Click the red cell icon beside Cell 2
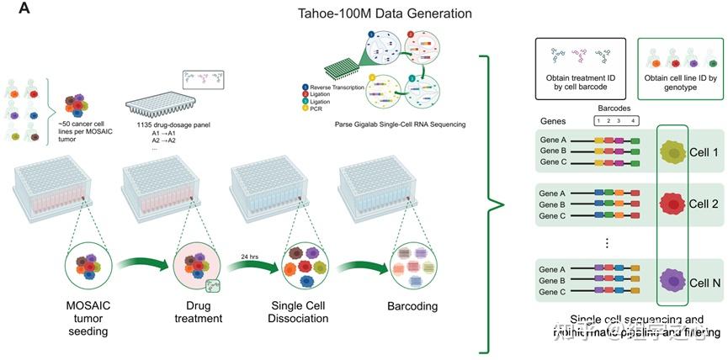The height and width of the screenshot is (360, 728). pos(672,204)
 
